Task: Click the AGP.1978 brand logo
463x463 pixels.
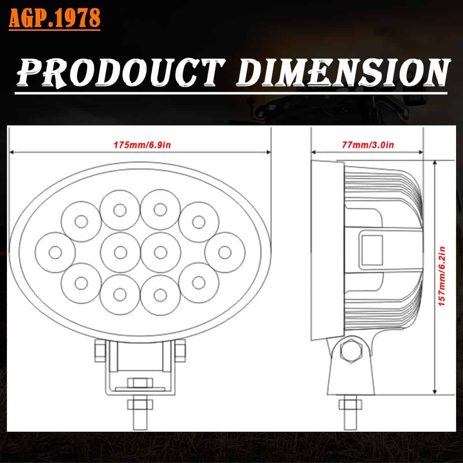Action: tap(54, 19)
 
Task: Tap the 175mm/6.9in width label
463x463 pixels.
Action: tap(142, 145)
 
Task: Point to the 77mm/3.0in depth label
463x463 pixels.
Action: tap(368, 145)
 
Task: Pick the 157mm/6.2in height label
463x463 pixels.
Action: tap(442, 276)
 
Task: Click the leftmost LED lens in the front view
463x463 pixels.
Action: tap(55, 252)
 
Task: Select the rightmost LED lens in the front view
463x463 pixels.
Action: tap(225, 252)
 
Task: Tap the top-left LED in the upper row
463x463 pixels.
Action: tap(81, 221)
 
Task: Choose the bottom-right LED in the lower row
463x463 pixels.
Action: tap(199, 283)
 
